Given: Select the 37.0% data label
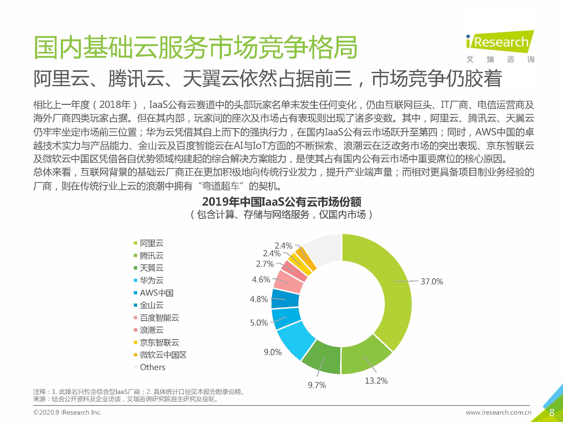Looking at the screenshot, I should pyautogui.click(x=432, y=282).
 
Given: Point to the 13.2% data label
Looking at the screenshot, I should pyautogui.click(x=376, y=381).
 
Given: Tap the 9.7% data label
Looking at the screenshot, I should pyautogui.click(x=317, y=385).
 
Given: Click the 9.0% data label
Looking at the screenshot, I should pyautogui.click(x=273, y=352).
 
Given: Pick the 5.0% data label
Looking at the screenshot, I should pyautogui.click(x=259, y=323).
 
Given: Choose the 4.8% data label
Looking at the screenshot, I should pyautogui.click(x=259, y=299).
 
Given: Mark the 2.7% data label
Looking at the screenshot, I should pyautogui.click(x=265, y=264).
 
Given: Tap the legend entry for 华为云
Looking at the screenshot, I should pyautogui.click(x=151, y=281).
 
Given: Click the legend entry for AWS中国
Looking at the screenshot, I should pyautogui.click(x=156, y=293).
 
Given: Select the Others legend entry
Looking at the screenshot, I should pyautogui.click(x=153, y=367).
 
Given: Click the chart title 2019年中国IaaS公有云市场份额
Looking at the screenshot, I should pyautogui.click(x=281, y=202).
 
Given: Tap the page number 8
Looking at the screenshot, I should pyautogui.click(x=551, y=413).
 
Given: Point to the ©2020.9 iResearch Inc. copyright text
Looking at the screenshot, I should pyautogui.click(x=68, y=413).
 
